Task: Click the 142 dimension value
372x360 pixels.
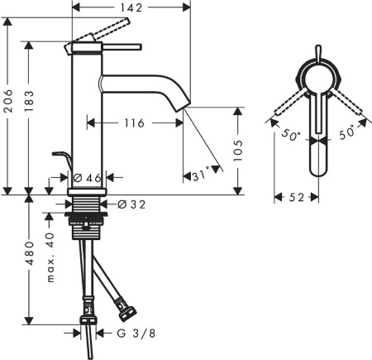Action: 131,7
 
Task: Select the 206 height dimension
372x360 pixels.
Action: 8,101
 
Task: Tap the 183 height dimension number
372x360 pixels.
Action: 29,101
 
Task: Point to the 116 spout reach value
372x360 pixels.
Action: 134,123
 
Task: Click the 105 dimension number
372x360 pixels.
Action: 237,151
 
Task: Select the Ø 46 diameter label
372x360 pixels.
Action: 88,178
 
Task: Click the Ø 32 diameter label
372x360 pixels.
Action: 131,204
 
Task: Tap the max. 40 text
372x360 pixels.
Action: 50,257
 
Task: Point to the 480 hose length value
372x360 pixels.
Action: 29,253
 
